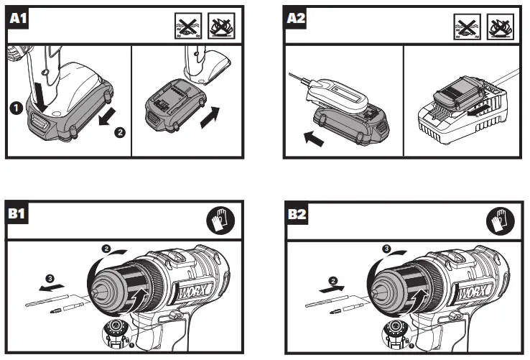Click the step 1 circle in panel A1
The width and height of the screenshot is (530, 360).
[x=13, y=108]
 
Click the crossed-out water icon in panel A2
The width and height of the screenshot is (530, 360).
[x=465, y=27]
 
